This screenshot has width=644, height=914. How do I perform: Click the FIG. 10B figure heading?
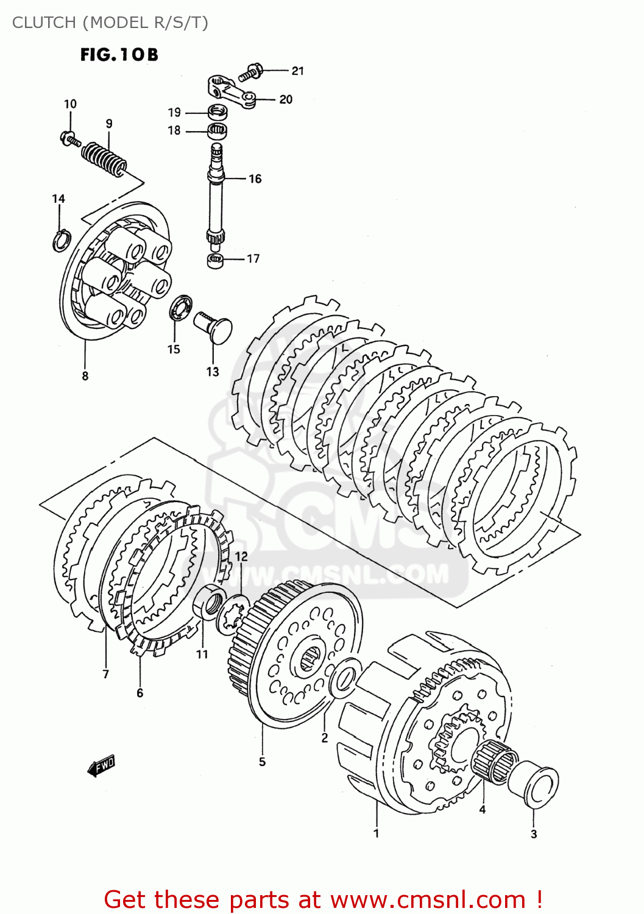(119, 55)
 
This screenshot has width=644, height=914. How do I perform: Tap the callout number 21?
(297, 71)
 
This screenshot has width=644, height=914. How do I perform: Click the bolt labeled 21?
(250, 72)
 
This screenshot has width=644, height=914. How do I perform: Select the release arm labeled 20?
(232, 91)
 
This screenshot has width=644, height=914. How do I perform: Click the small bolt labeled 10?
(69, 139)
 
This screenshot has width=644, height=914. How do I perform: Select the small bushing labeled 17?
(215, 261)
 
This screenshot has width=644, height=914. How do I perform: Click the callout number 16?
(255, 179)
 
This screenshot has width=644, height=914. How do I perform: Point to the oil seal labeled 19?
(218, 113)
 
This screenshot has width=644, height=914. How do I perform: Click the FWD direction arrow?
(101, 766)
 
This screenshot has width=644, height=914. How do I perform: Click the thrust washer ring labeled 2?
(344, 681)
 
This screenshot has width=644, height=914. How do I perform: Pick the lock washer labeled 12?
(233, 614)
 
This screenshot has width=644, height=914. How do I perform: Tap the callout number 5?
(262, 762)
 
